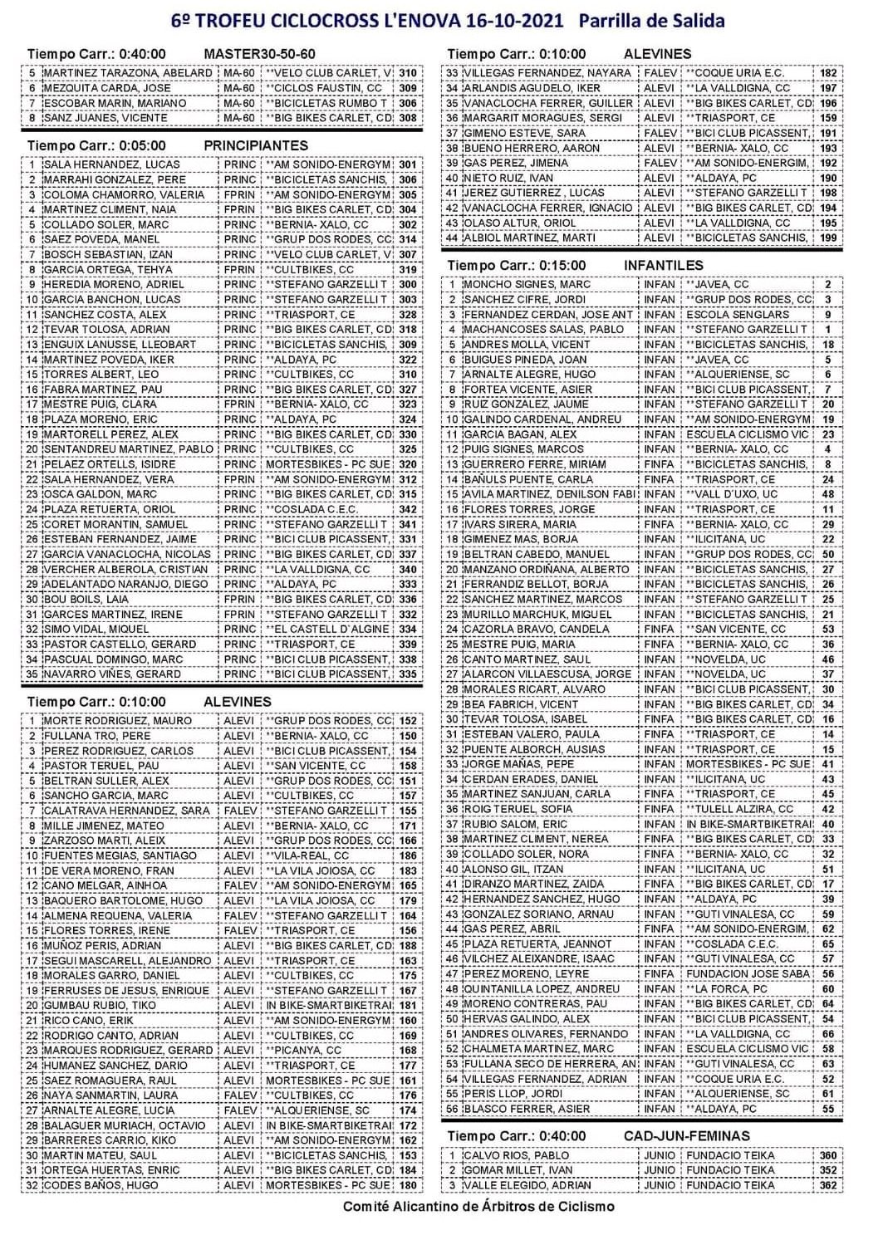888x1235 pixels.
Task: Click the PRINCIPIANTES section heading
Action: point(256,145)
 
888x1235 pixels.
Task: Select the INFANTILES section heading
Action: point(663,265)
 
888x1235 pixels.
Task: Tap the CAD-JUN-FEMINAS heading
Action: point(686,1135)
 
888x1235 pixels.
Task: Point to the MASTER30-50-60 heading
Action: point(259,54)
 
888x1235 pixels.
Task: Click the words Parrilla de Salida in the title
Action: point(651,21)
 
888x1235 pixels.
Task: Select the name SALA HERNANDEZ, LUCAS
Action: point(111,164)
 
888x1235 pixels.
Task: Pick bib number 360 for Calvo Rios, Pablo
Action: point(827,1155)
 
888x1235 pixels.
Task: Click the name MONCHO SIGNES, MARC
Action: point(527,284)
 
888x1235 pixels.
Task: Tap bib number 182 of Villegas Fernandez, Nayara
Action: point(827,73)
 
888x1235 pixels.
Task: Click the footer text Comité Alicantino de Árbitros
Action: point(478,1206)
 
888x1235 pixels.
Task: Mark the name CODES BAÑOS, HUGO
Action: point(101,1185)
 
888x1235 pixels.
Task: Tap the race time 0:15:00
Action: point(561,265)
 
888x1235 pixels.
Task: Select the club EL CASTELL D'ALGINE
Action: point(327,630)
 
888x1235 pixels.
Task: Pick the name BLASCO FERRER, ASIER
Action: point(527,1109)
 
